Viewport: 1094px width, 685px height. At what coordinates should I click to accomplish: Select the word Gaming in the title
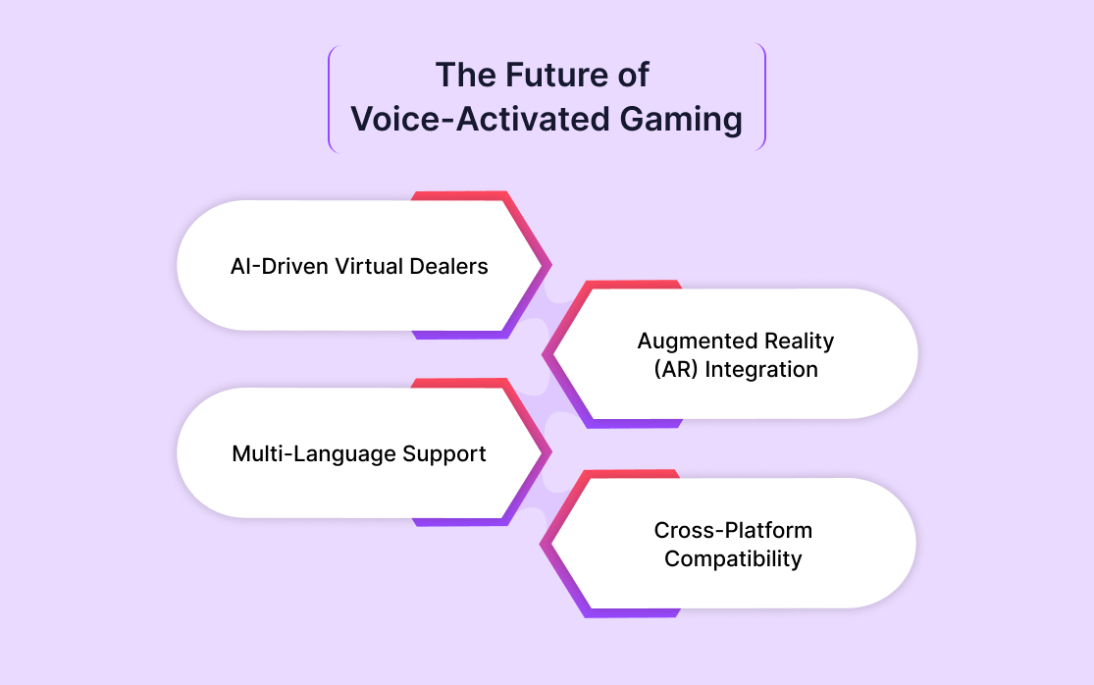(x=681, y=120)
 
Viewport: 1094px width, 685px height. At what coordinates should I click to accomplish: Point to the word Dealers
(x=448, y=266)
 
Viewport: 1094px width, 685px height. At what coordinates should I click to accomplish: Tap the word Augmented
(x=697, y=342)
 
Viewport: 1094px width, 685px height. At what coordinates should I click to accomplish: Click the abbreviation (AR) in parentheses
(x=676, y=369)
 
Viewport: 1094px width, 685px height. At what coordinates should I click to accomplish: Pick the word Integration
(x=761, y=369)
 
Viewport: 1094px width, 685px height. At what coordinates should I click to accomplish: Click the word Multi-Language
(x=314, y=454)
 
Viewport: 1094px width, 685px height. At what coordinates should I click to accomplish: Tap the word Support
(x=444, y=454)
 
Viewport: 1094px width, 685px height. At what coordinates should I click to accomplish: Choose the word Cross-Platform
(x=733, y=530)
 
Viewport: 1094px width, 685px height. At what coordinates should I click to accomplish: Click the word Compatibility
(x=733, y=558)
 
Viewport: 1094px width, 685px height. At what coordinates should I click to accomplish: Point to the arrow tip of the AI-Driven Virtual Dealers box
(x=550, y=265)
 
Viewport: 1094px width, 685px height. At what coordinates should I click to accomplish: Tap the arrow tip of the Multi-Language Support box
(x=550, y=452)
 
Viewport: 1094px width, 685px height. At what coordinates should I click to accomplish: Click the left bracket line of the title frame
(x=330, y=98)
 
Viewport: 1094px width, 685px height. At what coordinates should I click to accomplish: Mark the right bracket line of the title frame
(x=764, y=96)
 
